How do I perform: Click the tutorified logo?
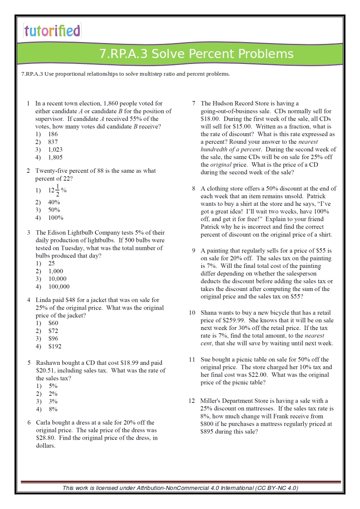[52, 31]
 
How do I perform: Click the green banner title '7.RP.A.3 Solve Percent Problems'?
[196, 54]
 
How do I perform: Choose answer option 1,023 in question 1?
[55, 150]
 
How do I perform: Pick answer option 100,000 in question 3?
[59, 286]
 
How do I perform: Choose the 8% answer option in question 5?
[53, 409]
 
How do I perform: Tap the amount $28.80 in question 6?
[45, 438]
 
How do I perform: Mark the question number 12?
[192, 401]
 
